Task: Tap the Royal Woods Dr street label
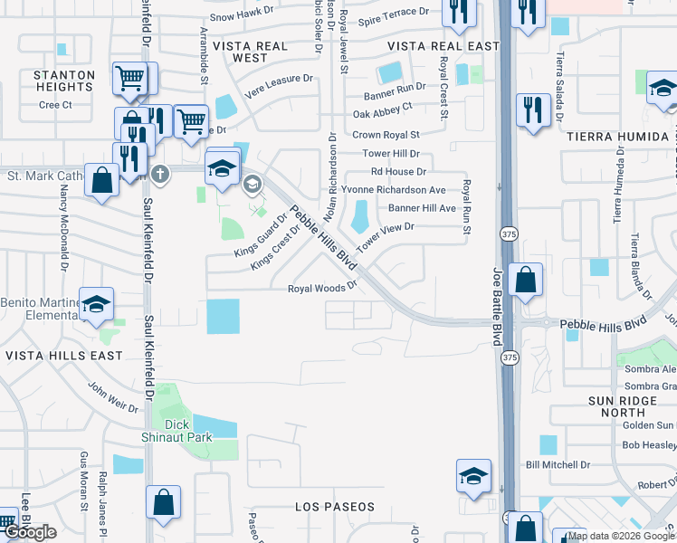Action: pyautogui.click(x=323, y=289)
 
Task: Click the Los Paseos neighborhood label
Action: pyautogui.click(x=334, y=507)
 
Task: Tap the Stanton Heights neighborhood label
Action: pyautogui.click(x=63, y=81)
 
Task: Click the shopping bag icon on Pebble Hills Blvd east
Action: pyautogui.click(x=525, y=281)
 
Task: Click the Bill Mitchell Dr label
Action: pyautogui.click(x=558, y=464)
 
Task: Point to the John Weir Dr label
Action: pyautogui.click(x=113, y=396)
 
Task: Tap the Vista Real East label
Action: pyautogui.click(x=430, y=46)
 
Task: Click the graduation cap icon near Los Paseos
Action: pyautogui.click(x=474, y=477)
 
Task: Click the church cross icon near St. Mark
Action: pyautogui.click(x=159, y=174)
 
